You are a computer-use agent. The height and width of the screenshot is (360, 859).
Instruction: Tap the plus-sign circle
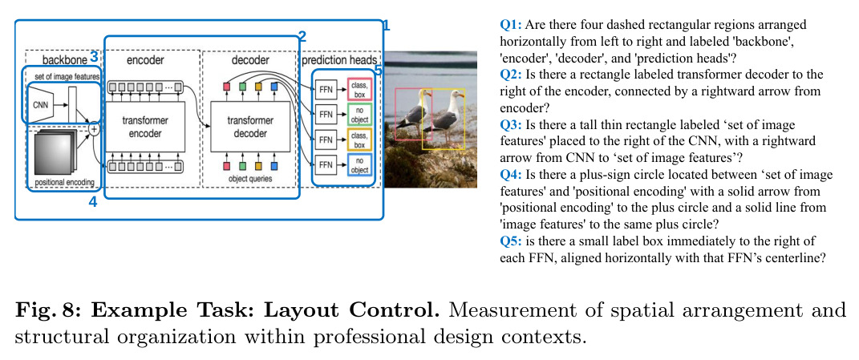[94, 129]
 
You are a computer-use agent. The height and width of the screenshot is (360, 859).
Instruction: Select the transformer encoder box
[145, 127]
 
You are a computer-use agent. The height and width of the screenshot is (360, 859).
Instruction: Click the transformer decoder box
[248, 127]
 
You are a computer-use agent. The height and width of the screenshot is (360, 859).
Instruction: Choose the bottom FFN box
[326, 164]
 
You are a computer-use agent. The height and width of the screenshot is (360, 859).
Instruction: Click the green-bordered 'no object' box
[359, 114]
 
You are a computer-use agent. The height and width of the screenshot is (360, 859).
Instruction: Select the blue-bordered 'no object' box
[359, 164]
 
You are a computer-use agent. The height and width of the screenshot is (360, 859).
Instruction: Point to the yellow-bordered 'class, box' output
[359, 140]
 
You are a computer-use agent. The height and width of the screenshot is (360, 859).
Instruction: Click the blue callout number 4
[92, 201]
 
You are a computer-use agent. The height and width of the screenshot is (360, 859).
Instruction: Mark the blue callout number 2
[302, 37]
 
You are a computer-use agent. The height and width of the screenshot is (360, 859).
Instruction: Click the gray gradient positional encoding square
[53, 154]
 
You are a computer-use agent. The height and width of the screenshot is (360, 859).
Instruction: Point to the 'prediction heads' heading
[339, 59]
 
